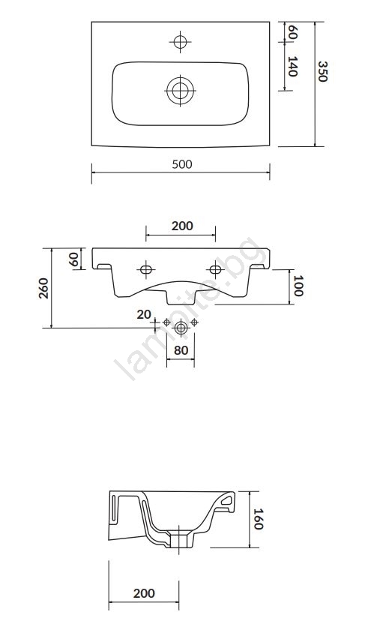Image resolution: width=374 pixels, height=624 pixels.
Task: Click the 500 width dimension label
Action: [182, 164]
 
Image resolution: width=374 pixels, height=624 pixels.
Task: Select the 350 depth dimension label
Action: [322, 71]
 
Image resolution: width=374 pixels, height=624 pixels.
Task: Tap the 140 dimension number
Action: [292, 67]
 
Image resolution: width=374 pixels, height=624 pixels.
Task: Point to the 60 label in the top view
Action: [292, 31]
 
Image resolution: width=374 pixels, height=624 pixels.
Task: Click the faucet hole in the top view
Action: [180, 41]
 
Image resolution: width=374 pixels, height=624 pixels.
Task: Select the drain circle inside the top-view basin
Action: [180, 90]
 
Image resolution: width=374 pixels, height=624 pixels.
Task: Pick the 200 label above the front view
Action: [182, 226]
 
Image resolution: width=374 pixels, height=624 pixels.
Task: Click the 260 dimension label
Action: [43, 288]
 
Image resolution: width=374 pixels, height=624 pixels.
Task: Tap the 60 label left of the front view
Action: [73, 259]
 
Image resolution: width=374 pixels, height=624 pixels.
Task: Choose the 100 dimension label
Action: [298, 286]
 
